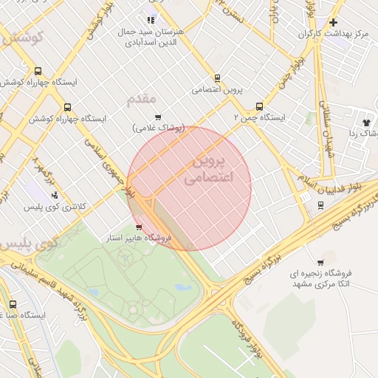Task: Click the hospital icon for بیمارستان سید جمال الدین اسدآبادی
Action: click(151, 20)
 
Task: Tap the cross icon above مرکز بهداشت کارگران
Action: click(333, 22)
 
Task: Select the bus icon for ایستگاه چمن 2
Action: click(258, 106)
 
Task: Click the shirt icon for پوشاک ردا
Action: click(365, 122)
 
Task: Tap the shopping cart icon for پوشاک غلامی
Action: click(158, 117)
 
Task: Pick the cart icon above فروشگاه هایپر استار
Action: click(139, 227)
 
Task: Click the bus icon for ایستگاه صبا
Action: click(13, 303)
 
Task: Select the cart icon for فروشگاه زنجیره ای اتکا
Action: click(320, 262)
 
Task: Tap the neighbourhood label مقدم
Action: click(141, 99)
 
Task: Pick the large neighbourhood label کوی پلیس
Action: click(30, 243)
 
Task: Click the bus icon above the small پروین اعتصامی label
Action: click(217, 78)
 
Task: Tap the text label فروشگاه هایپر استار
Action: click(140, 238)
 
